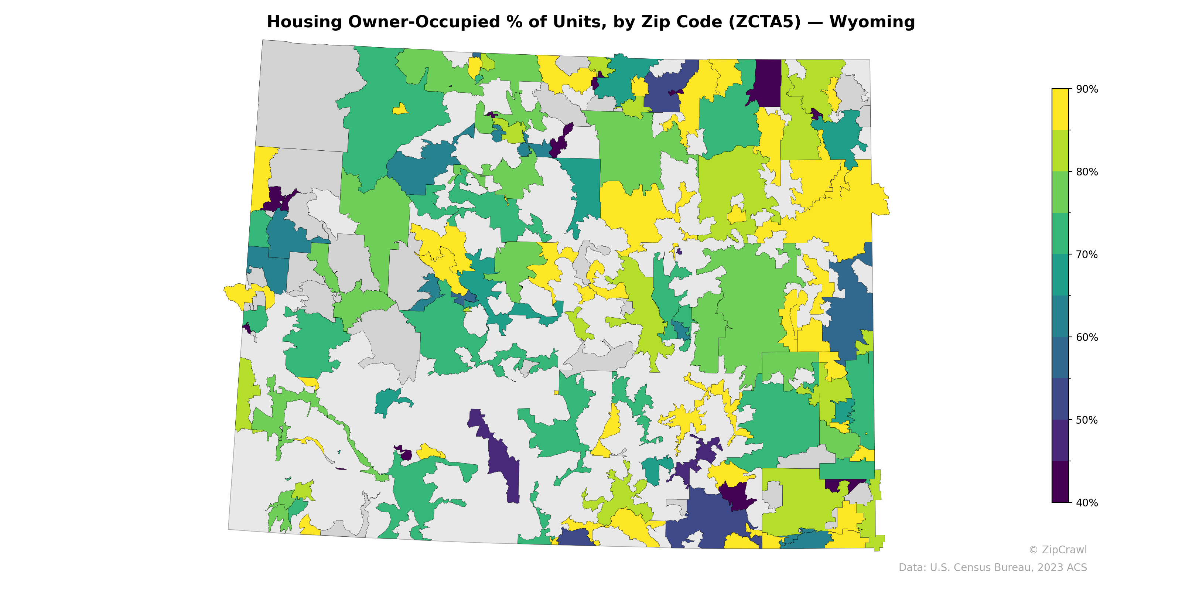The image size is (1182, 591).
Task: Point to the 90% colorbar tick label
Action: coord(1087,89)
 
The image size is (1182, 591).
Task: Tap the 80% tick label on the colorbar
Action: coord(1087,172)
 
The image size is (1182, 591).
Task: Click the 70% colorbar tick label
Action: coord(1087,254)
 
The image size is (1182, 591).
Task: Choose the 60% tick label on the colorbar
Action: coord(1087,337)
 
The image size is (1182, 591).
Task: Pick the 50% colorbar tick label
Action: coord(1087,420)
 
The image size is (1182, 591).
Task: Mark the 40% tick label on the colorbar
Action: coord(1087,503)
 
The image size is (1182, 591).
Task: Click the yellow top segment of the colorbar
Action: coord(1060,109)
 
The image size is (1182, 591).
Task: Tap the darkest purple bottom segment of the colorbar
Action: coord(1060,482)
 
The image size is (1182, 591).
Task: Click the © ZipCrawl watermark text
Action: coord(1058,550)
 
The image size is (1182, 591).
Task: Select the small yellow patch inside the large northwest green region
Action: coord(400,109)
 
